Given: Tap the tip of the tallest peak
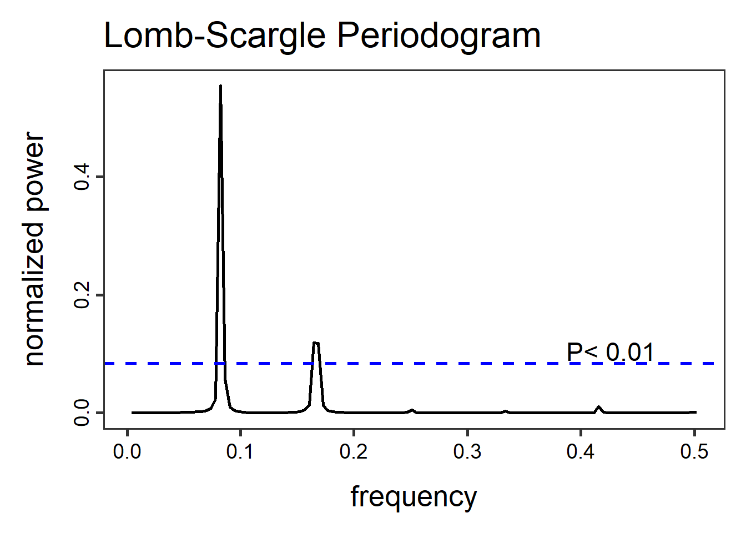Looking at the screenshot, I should coord(220,86).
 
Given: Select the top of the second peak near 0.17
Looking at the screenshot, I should coord(316,343).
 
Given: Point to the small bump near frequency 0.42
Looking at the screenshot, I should coord(598,407).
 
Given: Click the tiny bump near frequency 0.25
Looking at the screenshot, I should coord(412,410).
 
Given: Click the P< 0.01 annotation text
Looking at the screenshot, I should coord(611,352).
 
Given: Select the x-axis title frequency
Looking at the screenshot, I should coord(414,496).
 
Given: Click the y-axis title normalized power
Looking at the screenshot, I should coord(34,249).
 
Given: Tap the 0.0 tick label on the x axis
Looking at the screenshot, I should coord(127,452).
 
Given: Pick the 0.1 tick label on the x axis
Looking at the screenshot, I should coord(240,452).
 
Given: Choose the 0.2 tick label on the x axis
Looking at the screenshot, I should coord(354,452).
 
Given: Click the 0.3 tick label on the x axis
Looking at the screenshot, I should coord(467,452).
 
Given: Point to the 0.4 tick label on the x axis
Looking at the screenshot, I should coord(580,452).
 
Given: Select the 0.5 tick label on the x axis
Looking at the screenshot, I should coord(694,452).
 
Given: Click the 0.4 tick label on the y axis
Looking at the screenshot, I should coord(83,177).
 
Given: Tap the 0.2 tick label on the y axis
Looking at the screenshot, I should coord(83,295).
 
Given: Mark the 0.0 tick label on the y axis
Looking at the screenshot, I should coord(83,413).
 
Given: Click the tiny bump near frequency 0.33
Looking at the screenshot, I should coord(505,411).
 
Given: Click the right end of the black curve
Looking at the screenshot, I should coord(695,412).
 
